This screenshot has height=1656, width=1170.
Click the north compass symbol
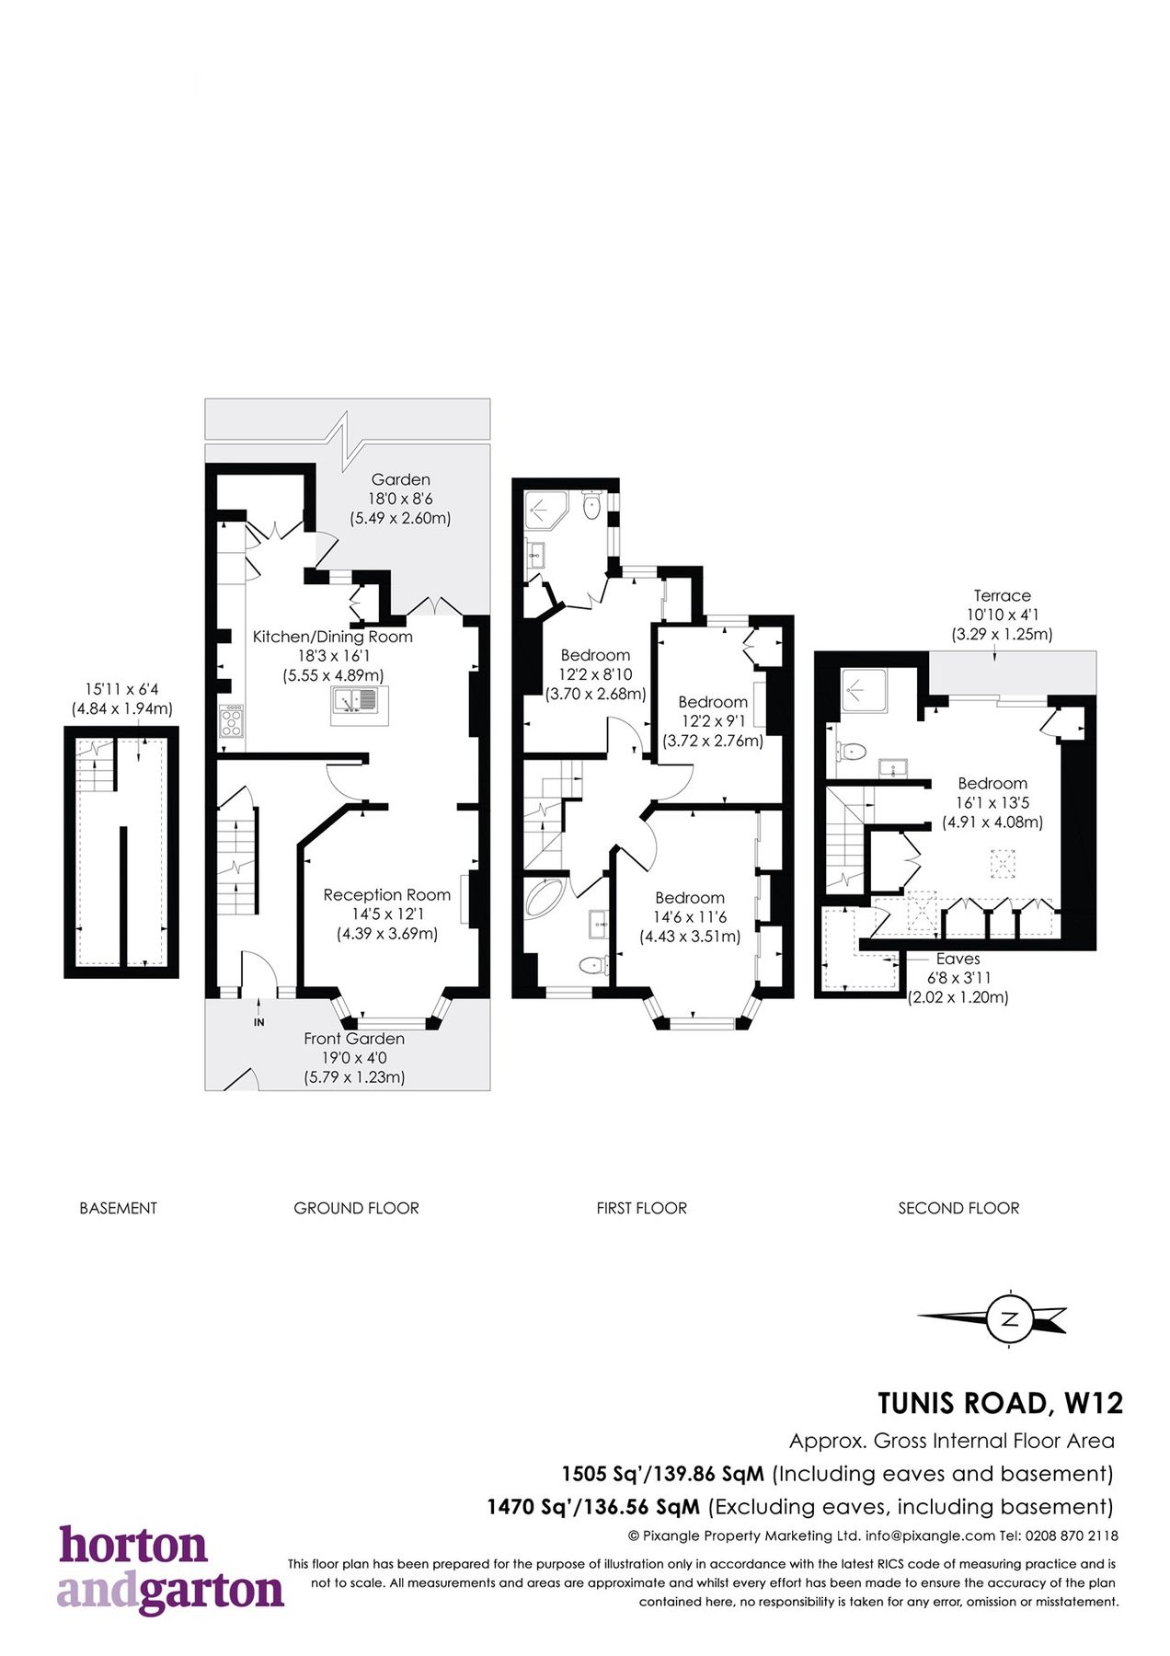[1009, 1319]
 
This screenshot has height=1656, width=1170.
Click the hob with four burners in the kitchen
[232, 720]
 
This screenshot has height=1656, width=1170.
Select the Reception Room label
[386, 894]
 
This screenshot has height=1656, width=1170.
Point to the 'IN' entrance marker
[259, 1022]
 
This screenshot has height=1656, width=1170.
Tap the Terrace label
[1002, 595]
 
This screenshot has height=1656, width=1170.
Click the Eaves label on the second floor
[958, 959]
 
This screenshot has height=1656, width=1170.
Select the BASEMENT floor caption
[118, 1208]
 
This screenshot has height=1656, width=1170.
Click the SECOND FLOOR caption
[958, 1208]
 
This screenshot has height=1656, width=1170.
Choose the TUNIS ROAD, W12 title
[1000, 1403]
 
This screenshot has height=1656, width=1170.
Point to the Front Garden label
[354, 1039]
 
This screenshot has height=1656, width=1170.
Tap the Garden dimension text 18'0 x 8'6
[400, 499]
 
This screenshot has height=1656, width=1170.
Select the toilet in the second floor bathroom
[853, 752]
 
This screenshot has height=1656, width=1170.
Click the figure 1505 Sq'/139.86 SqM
[662, 1474]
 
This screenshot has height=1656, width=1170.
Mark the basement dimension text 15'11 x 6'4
[122, 689]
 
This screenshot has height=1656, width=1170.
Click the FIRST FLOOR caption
[641, 1208]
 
